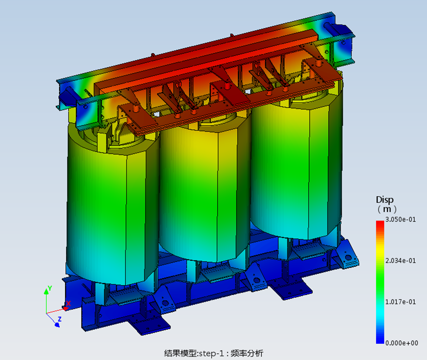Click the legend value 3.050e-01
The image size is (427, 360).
(x=400, y=219)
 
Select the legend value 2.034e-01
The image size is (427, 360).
(x=400, y=261)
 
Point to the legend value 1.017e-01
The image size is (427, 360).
(x=400, y=302)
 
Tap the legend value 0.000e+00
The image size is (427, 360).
(x=402, y=343)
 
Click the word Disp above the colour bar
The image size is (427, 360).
(x=385, y=200)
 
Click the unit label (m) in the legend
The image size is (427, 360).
(x=387, y=209)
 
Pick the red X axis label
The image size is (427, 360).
(x=68, y=303)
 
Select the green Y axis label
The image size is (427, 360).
(x=50, y=288)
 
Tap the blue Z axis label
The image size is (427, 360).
(x=60, y=319)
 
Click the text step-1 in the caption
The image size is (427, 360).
(x=211, y=354)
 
